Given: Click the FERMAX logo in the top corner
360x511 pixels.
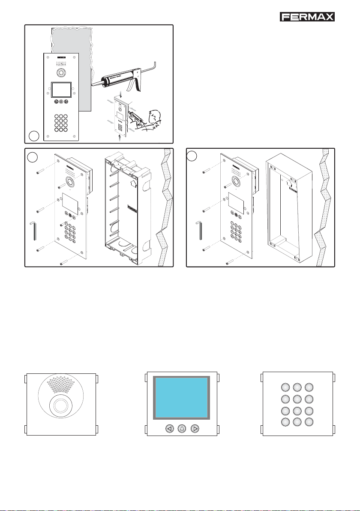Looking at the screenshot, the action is coord(307,17).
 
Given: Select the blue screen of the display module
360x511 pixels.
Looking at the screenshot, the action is coord(182,398).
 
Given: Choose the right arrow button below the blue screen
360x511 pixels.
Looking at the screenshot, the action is coord(195,428).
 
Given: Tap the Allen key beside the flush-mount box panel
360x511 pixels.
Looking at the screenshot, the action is coord(36,235).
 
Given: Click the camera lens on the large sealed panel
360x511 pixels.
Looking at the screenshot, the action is coord(60,72).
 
